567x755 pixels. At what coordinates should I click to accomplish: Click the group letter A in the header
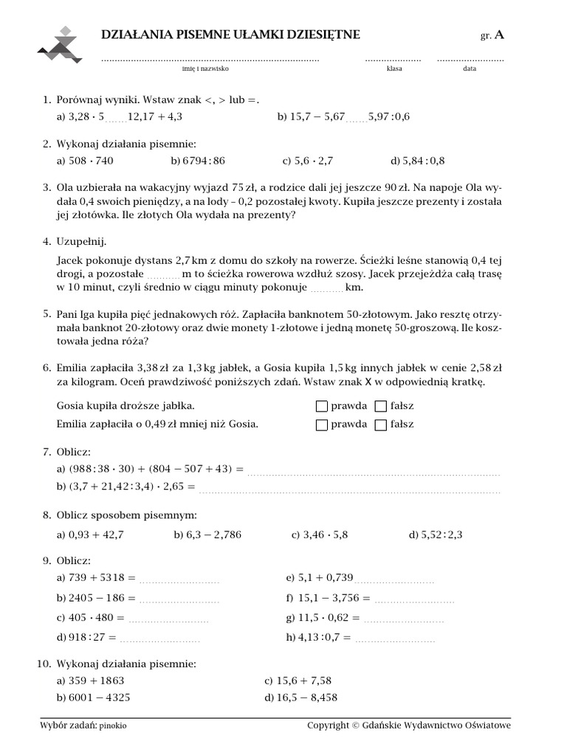click(x=500, y=35)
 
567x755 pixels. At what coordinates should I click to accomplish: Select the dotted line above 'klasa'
click(x=393, y=58)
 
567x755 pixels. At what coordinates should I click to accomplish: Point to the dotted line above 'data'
click(x=470, y=58)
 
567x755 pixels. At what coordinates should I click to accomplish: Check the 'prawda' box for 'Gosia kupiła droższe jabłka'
click(x=321, y=406)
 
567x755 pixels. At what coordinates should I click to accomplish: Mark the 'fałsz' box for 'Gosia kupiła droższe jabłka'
click(x=380, y=406)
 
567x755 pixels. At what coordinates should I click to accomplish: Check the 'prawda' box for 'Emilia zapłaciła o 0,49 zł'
click(x=321, y=424)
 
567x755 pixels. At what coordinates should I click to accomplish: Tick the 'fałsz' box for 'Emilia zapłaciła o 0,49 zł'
click(x=380, y=424)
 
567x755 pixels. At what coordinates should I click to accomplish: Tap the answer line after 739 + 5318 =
click(x=179, y=580)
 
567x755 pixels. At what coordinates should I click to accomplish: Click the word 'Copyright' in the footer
click(x=329, y=726)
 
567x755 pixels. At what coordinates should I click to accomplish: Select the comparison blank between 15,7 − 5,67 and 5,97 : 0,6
click(x=356, y=118)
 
